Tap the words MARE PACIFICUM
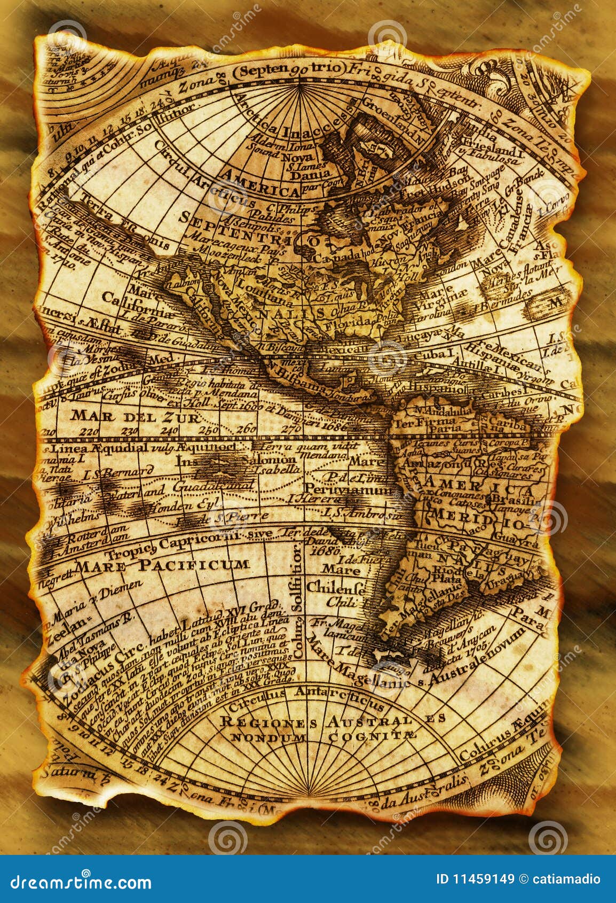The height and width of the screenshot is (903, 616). [x=162, y=564]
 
